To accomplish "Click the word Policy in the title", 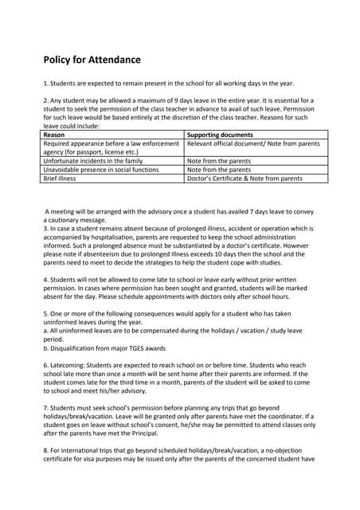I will tap(61, 60).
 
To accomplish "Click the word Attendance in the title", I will tap(112, 60).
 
